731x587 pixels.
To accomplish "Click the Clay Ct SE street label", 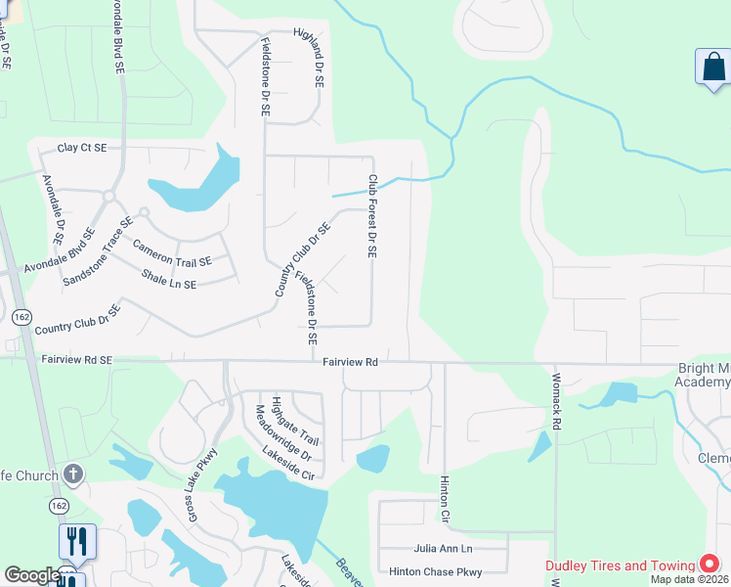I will click(81, 147).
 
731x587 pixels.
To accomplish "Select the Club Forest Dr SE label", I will click(372, 216).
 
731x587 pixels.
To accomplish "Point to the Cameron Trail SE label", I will click(172, 254).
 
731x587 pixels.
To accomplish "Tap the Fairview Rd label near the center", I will click(350, 362).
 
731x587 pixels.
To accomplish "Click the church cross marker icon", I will click(72, 474).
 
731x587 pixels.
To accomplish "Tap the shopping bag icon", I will click(713, 68).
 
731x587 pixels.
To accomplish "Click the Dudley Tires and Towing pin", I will click(710, 565).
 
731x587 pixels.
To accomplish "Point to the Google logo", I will click(31, 575).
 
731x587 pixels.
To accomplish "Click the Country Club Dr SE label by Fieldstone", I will click(303, 259).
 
